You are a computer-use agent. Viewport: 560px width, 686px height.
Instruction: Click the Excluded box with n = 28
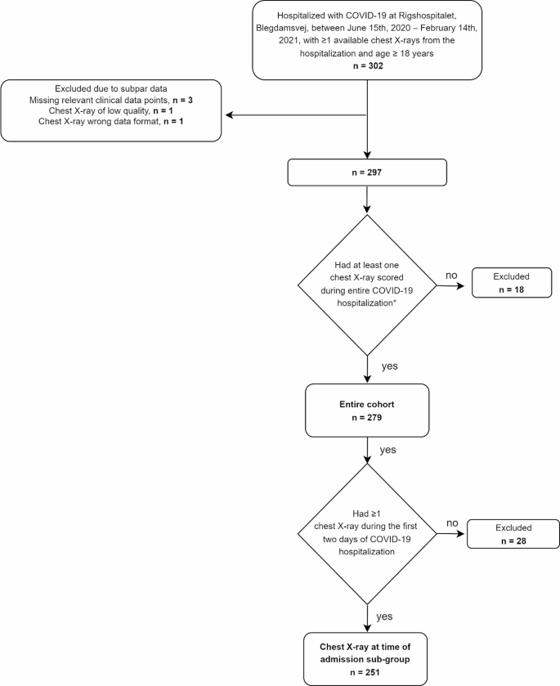[x=513, y=535]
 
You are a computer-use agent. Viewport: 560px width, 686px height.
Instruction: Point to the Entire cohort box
[x=368, y=411]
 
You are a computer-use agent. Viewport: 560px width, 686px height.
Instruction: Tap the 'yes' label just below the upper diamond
[x=389, y=365]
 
